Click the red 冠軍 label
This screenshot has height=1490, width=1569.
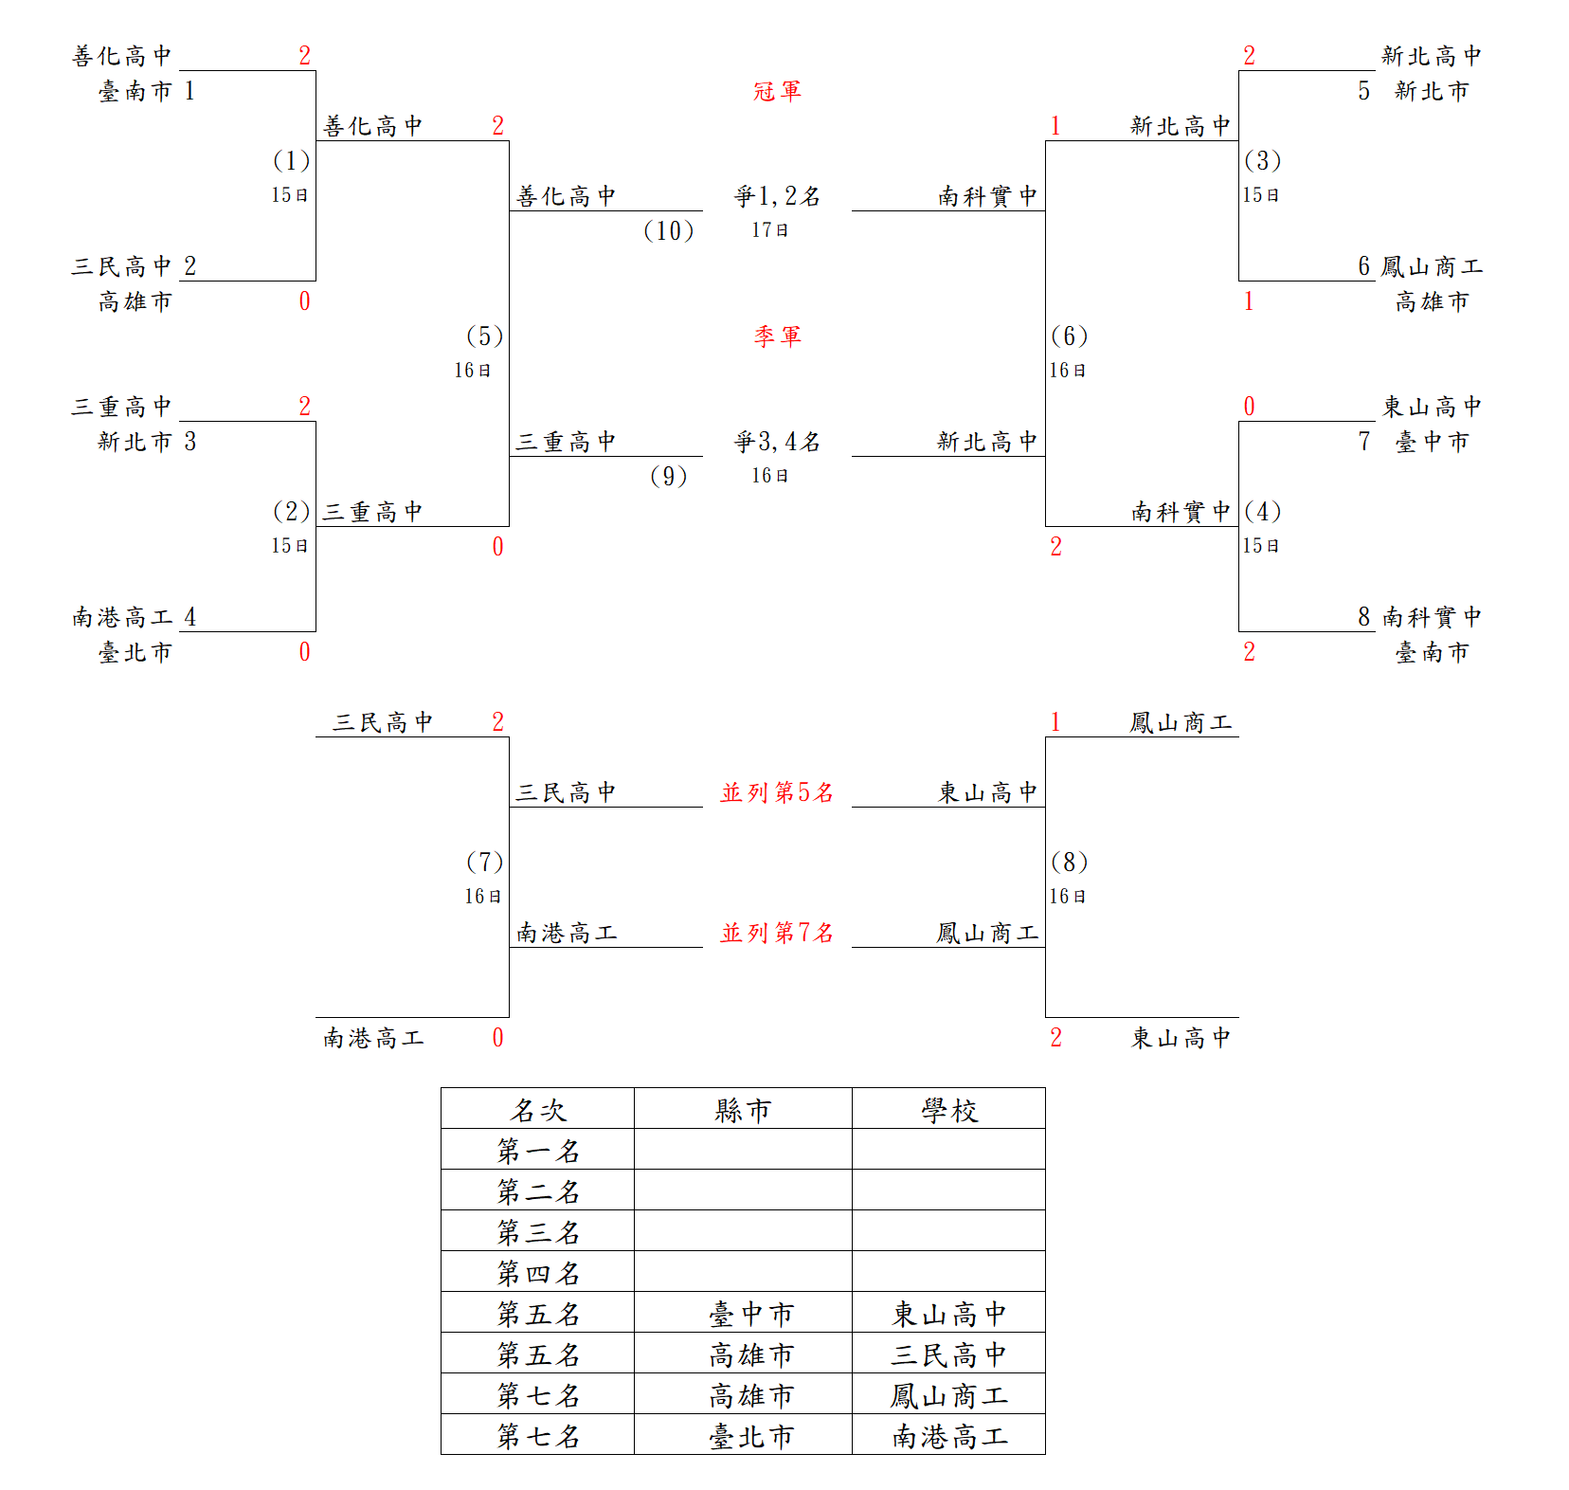(x=777, y=91)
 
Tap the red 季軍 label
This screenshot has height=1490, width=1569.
(x=777, y=336)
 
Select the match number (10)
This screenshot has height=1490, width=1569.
(x=668, y=230)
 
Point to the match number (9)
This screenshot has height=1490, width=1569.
(x=668, y=476)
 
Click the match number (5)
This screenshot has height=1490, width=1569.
(x=484, y=336)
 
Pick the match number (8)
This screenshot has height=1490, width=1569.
(x=1069, y=863)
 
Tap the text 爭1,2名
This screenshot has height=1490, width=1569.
(x=777, y=196)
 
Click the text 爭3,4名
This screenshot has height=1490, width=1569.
(x=777, y=442)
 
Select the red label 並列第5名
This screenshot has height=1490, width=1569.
(x=777, y=792)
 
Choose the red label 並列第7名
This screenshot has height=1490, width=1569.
(x=777, y=933)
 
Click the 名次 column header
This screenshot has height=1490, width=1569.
(x=538, y=1110)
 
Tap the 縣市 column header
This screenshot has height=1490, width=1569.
(x=743, y=1110)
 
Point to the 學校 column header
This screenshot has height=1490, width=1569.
(x=948, y=1110)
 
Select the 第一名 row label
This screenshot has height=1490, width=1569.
(x=538, y=1151)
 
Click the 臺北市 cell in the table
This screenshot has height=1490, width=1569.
(x=750, y=1436)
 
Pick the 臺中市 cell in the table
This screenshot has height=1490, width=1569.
(x=750, y=1314)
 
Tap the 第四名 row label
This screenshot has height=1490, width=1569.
(x=538, y=1273)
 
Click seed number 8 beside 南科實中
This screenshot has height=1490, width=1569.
(x=1363, y=617)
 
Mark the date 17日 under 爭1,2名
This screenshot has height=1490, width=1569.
(x=769, y=230)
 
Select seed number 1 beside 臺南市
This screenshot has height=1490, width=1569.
(x=189, y=91)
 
